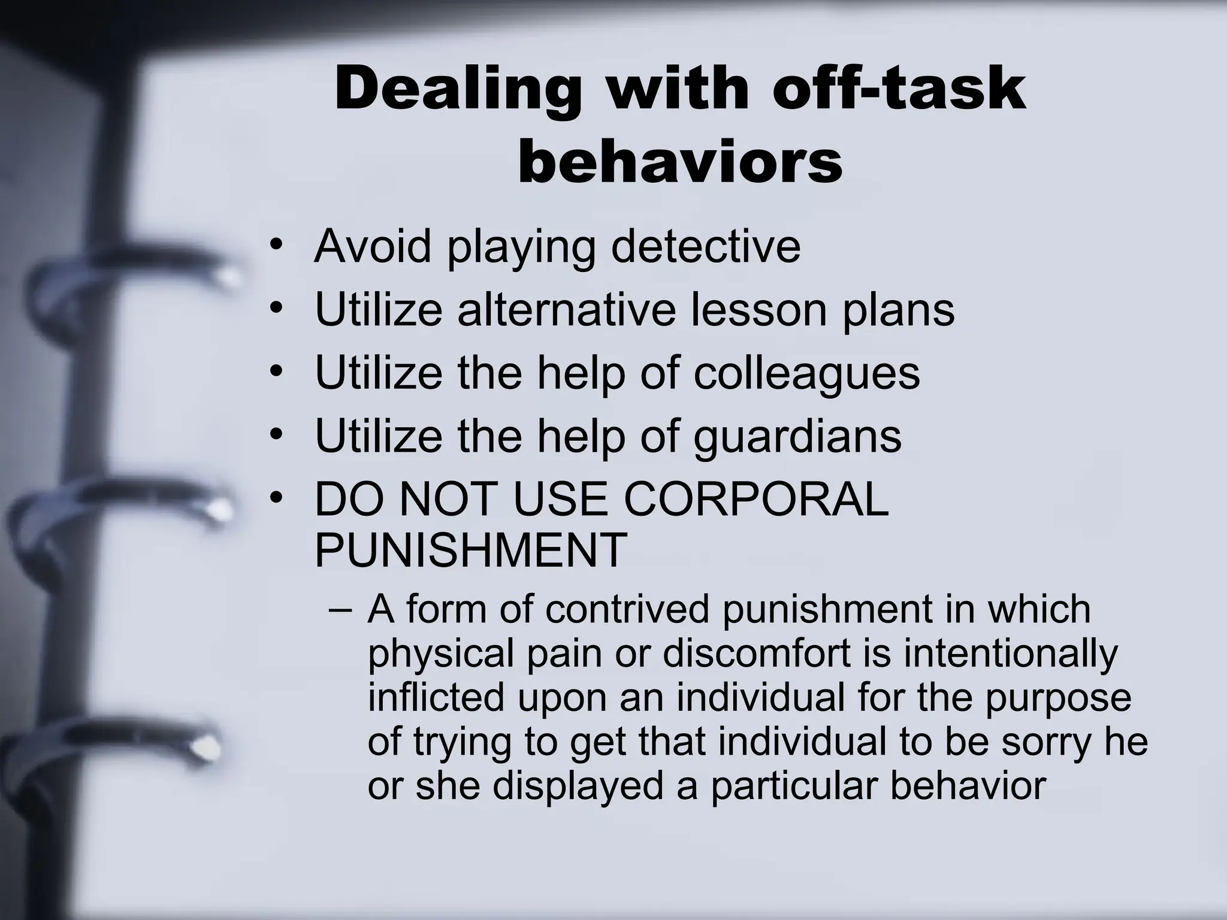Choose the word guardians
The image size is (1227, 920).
click(x=797, y=437)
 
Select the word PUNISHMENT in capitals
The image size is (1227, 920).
click(x=471, y=550)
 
